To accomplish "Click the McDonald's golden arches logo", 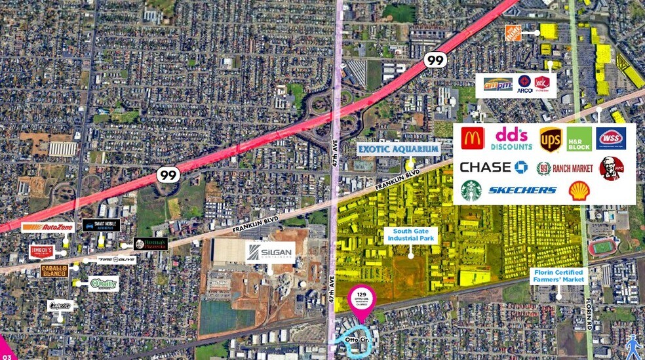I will pyautogui.click(x=472, y=138).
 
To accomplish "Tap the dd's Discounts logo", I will pyautogui.click(x=512, y=138).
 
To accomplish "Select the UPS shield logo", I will pyautogui.click(x=550, y=139).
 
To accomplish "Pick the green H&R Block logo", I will pyautogui.click(x=579, y=139).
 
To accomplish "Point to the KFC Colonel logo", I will pyautogui.click(x=611, y=169).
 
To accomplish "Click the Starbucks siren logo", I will pyautogui.click(x=471, y=190).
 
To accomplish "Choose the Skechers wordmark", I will pyautogui.click(x=522, y=190).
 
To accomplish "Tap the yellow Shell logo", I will pyautogui.click(x=579, y=190).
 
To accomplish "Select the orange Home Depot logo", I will pyautogui.click(x=513, y=33).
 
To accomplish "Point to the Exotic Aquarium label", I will pyautogui.click(x=398, y=149).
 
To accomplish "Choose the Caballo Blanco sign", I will pyautogui.click(x=54, y=270).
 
